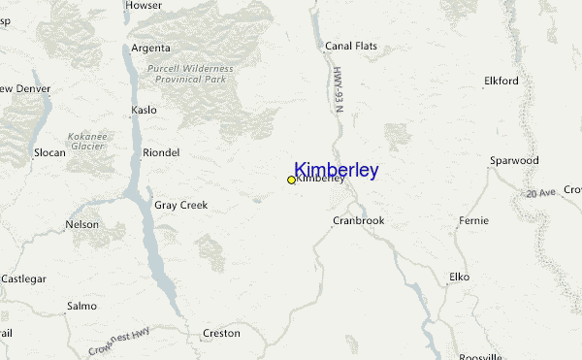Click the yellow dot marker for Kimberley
pos(291,180)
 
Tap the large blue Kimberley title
pos(336,170)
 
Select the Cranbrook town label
pos(358,220)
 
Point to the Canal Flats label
pos(351,46)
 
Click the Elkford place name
pos(501,81)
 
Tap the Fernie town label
pos(473,221)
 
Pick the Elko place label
pos(459,277)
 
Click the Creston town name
pos(221,333)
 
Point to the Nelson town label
pos(81,224)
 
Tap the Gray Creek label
pos(181,205)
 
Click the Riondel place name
pos(161,152)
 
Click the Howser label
pos(144,6)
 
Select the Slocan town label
pos(49,152)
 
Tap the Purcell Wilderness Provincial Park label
pos(191,74)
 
